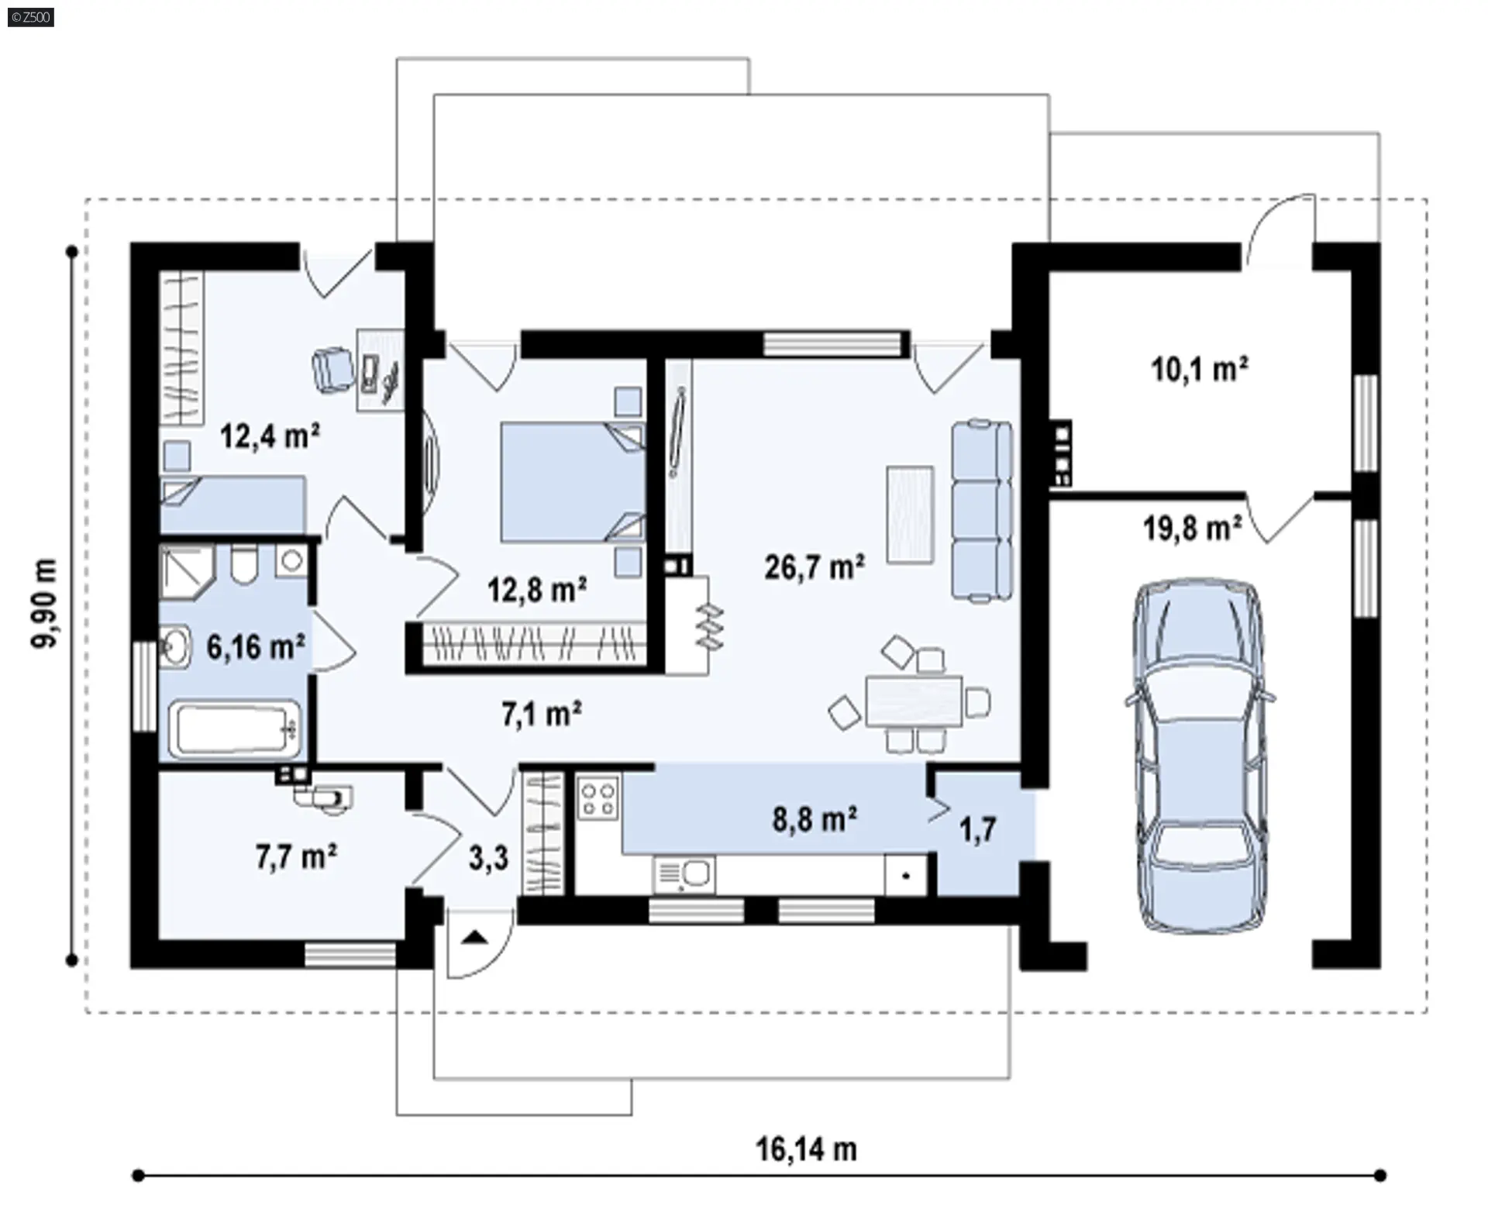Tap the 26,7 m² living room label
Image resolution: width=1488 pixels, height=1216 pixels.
815,567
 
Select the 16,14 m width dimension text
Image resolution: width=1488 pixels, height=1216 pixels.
806,1149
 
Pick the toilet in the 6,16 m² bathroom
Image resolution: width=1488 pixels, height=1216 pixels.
243,564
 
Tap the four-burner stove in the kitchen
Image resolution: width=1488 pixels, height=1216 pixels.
598,798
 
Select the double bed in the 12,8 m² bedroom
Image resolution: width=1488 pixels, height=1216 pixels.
572,481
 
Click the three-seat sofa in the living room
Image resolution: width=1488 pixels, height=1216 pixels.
982,510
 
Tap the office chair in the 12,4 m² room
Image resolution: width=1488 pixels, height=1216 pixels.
332,368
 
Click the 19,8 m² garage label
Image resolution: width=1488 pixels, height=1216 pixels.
1193,529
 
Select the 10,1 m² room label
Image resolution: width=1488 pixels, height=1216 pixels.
1200,370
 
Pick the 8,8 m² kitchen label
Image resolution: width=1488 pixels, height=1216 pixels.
815,818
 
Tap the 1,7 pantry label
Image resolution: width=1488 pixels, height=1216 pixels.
978,831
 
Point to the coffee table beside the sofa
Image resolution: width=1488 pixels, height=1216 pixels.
910,515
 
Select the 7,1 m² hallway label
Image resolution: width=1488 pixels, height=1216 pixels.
542,714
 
